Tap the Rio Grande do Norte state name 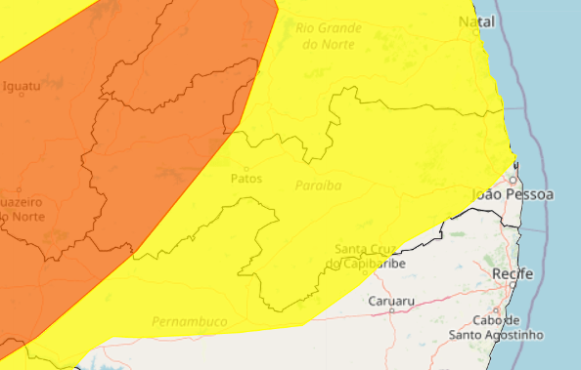328,36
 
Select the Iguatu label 22,86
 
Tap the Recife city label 513,273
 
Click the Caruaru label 391,301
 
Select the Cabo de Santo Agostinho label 498,328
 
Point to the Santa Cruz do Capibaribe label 363,256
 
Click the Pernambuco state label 189,321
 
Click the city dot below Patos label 245,191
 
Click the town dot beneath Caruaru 391,311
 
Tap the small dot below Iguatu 21,98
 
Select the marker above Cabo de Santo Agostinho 498,313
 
